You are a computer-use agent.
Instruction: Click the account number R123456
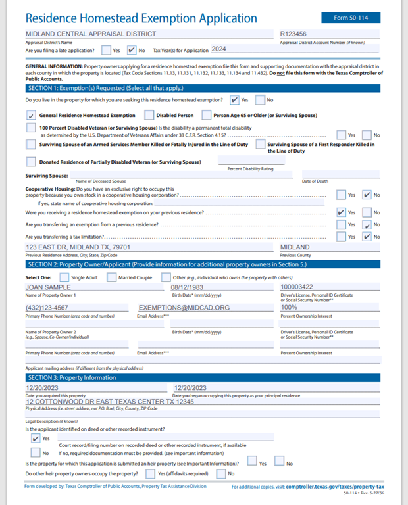(293, 34)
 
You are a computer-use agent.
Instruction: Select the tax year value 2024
(218, 49)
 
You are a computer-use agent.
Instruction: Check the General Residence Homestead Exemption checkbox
(31, 115)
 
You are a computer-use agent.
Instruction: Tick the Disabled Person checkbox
(149, 115)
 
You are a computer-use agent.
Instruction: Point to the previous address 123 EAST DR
(78, 247)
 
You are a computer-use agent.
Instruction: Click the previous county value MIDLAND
(295, 247)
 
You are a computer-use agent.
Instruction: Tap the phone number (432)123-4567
(49, 308)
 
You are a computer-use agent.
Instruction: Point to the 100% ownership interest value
(290, 308)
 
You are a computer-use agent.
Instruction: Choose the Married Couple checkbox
(113, 277)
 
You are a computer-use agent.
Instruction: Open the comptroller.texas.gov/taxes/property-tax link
(334, 487)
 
